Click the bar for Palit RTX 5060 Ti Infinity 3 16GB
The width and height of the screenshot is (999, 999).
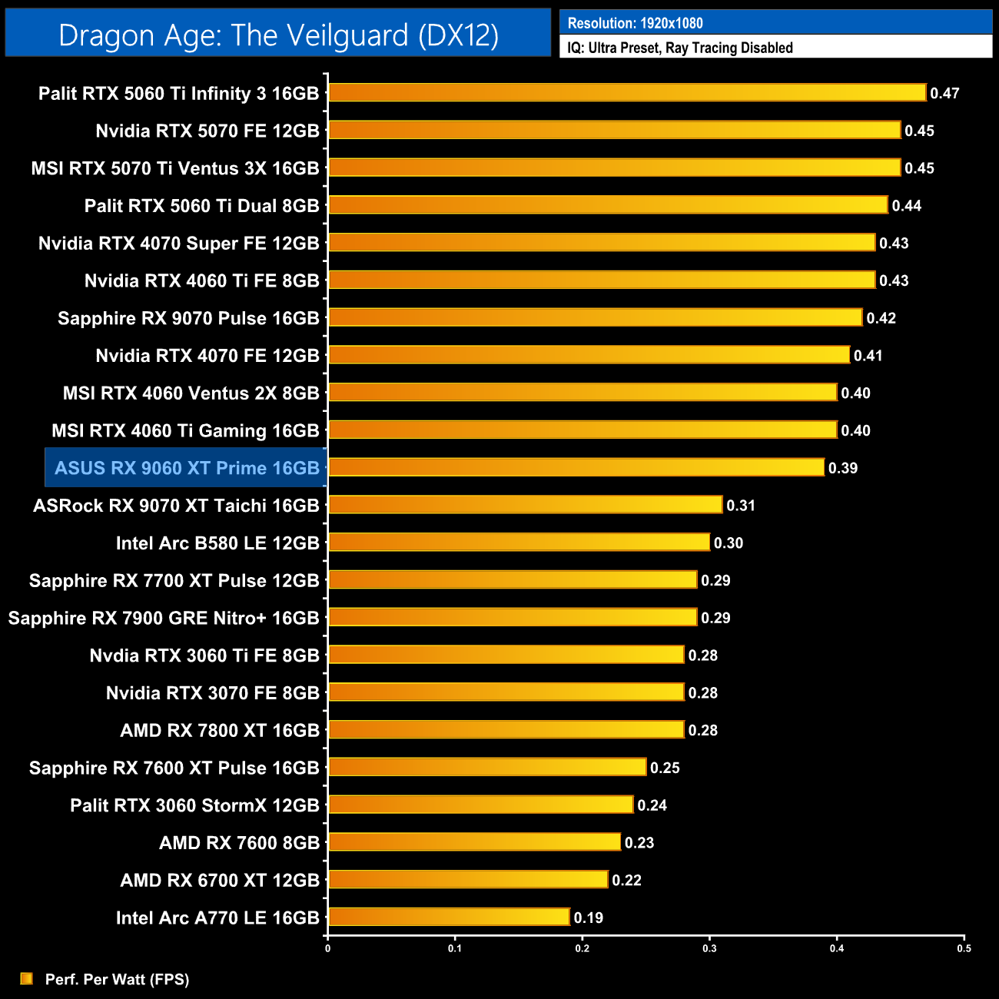pos(626,93)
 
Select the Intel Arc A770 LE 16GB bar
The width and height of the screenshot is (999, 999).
pos(449,917)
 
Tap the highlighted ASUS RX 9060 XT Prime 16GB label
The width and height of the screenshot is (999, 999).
pos(187,468)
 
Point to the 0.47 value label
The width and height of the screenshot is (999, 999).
pos(944,94)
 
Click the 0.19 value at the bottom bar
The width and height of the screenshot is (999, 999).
pos(589,918)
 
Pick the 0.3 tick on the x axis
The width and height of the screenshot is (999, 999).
pos(709,948)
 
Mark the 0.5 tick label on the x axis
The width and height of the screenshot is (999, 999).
pos(964,948)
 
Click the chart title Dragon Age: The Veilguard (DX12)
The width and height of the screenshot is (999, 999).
pos(278,35)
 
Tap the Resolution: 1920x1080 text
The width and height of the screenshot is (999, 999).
pos(635,23)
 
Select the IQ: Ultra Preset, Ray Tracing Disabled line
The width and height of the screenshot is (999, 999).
pos(680,48)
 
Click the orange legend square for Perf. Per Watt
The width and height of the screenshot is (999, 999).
pos(27,978)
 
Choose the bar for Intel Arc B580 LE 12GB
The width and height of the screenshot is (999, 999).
pos(519,543)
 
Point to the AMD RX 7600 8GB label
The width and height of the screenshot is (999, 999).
pos(239,843)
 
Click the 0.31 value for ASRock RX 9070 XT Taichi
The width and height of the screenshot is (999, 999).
pos(741,506)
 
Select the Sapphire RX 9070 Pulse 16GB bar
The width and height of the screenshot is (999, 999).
pos(595,317)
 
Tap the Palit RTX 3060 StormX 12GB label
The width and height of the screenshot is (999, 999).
pos(194,805)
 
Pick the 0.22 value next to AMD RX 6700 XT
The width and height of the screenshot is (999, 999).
pos(626,881)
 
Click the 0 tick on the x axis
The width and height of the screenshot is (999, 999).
pos(328,948)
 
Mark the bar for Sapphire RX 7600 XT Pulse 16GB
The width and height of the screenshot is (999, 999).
pos(487,767)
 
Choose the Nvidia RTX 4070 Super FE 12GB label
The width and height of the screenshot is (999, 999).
pos(178,244)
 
